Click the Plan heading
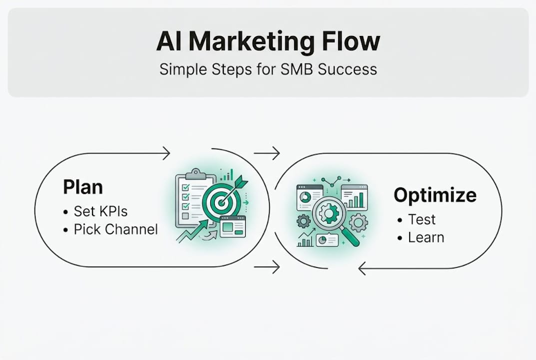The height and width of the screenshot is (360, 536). click(83, 187)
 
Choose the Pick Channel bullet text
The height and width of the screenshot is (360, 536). click(115, 229)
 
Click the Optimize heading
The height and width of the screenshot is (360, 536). click(435, 195)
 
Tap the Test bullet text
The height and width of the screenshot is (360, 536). click(422, 219)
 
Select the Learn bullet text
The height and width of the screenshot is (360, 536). click(426, 237)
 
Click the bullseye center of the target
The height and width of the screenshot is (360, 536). click(220, 202)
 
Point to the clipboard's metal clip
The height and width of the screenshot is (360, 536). click(195, 173)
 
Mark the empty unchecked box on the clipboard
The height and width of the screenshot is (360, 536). click(185, 216)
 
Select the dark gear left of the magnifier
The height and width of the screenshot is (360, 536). click(303, 221)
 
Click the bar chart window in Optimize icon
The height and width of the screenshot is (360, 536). click(354, 196)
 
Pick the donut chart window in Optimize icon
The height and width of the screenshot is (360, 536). click(309, 196)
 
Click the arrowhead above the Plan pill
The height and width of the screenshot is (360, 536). click(166, 153)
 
